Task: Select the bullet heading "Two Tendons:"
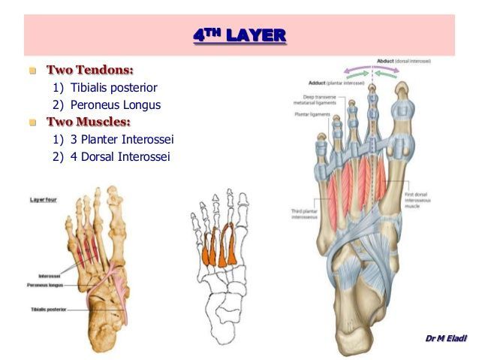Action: tap(90, 70)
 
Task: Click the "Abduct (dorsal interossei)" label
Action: tap(402, 61)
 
